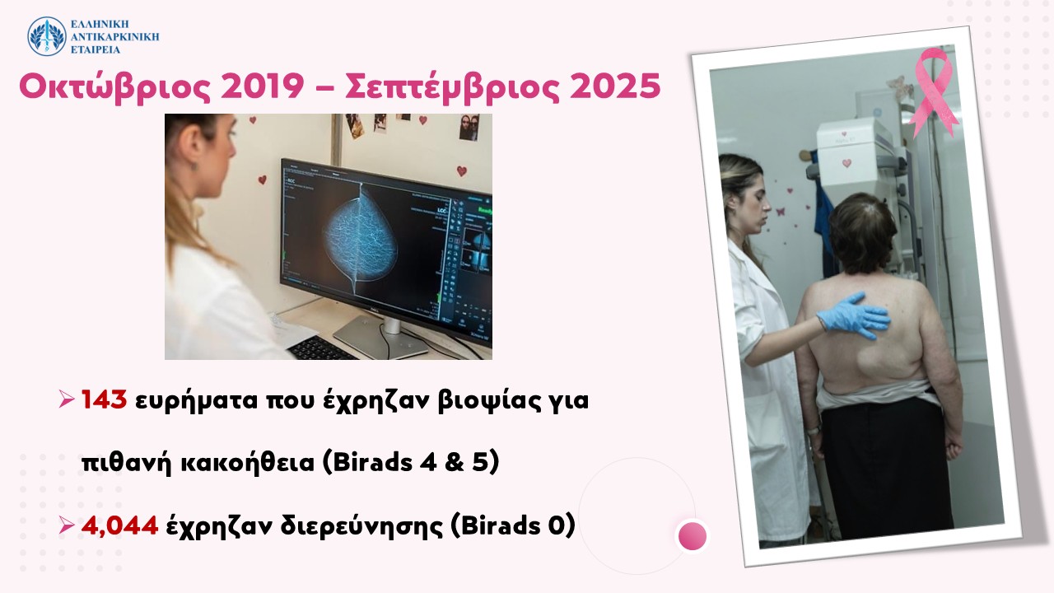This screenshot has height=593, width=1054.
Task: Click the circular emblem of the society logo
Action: pyautogui.click(x=47, y=36)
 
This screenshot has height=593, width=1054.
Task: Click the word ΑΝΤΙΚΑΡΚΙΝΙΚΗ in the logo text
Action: pyautogui.click(x=114, y=37)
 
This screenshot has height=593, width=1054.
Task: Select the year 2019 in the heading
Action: pyautogui.click(x=262, y=86)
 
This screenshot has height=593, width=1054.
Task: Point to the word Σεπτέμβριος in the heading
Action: pyautogui.click(x=452, y=87)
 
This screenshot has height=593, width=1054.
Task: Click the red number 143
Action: pyautogui.click(x=104, y=400)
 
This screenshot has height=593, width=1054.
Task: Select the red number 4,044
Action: pyautogui.click(x=119, y=525)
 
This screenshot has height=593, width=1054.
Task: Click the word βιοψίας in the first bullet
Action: pyautogui.click(x=490, y=401)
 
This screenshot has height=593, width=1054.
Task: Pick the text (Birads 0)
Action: pyautogui.click(x=513, y=525)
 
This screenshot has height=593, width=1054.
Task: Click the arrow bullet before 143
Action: pyautogui.click(x=67, y=399)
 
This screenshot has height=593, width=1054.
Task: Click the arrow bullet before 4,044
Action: pyautogui.click(x=67, y=525)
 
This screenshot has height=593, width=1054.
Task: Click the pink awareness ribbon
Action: pyautogui.click(x=932, y=91)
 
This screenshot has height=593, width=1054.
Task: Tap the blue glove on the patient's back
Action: pyautogui.click(x=854, y=315)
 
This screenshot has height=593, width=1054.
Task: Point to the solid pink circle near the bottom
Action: pyautogui.click(x=693, y=535)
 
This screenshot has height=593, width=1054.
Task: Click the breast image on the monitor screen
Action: pyautogui.click(x=361, y=239)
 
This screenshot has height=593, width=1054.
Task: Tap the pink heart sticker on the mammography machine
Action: pyautogui.click(x=847, y=163)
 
